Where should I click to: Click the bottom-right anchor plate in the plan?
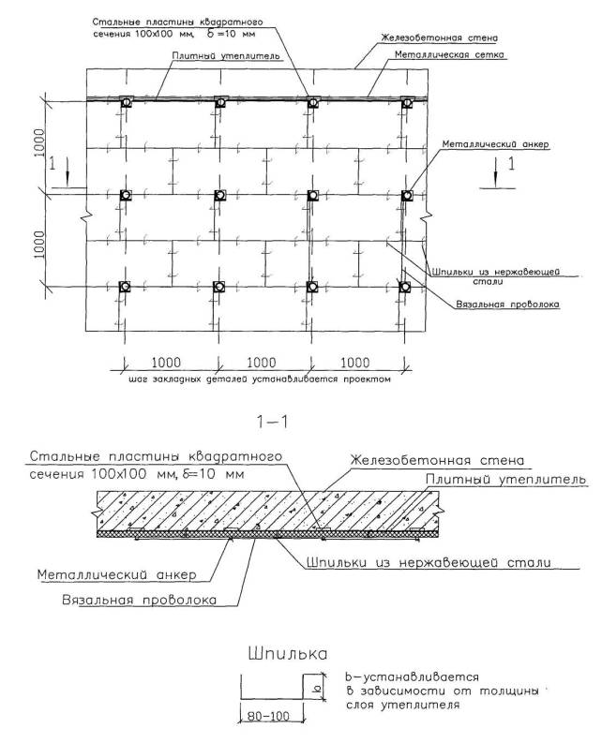point(405,286)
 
